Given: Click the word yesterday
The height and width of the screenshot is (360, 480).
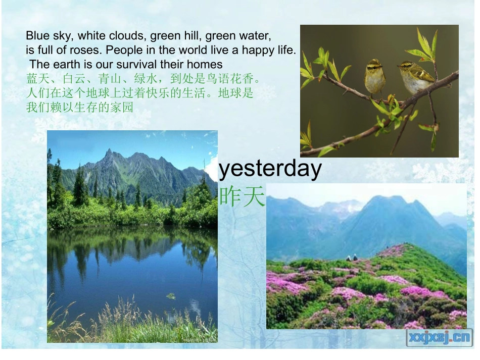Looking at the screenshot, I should (270, 170).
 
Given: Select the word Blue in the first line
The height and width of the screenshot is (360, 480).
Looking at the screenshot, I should (36, 36).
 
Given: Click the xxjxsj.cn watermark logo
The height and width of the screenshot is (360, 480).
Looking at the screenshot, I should (439, 337).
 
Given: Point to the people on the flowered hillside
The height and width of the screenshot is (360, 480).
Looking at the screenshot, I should (352, 258).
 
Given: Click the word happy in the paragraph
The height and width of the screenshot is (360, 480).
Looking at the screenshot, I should (256, 50).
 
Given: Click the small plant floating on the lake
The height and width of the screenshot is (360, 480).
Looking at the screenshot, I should (171, 296).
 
